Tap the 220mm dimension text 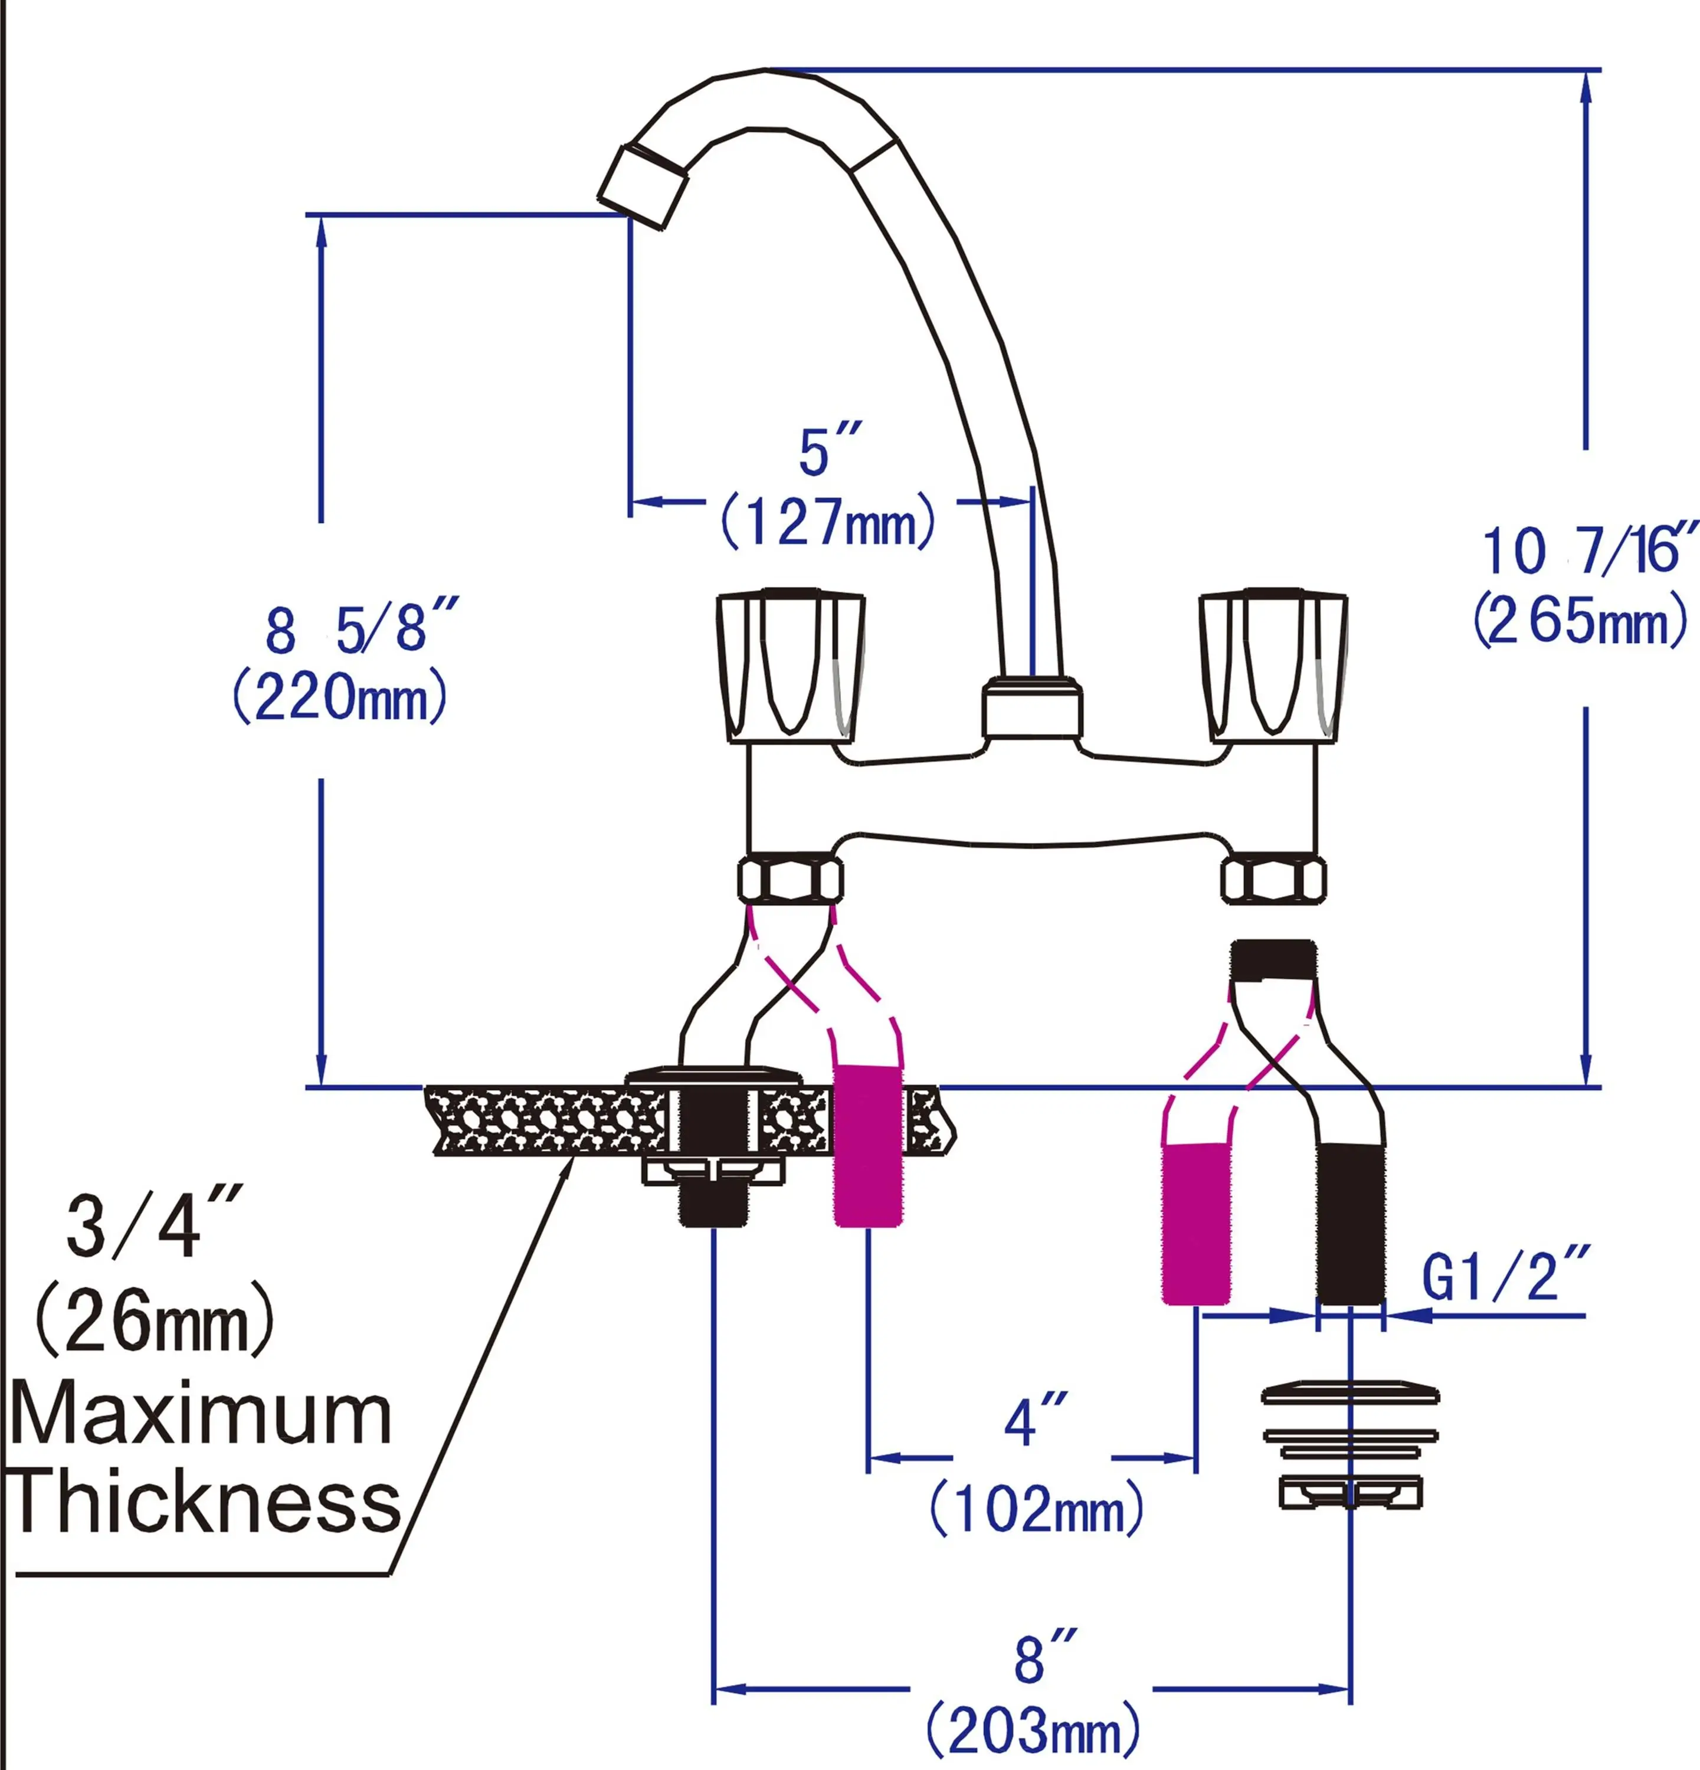click(340, 698)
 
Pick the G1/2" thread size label click(1505, 1276)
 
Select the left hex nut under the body click(790, 880)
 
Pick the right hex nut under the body click(1273, 880)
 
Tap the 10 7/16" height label click(1589, 550)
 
